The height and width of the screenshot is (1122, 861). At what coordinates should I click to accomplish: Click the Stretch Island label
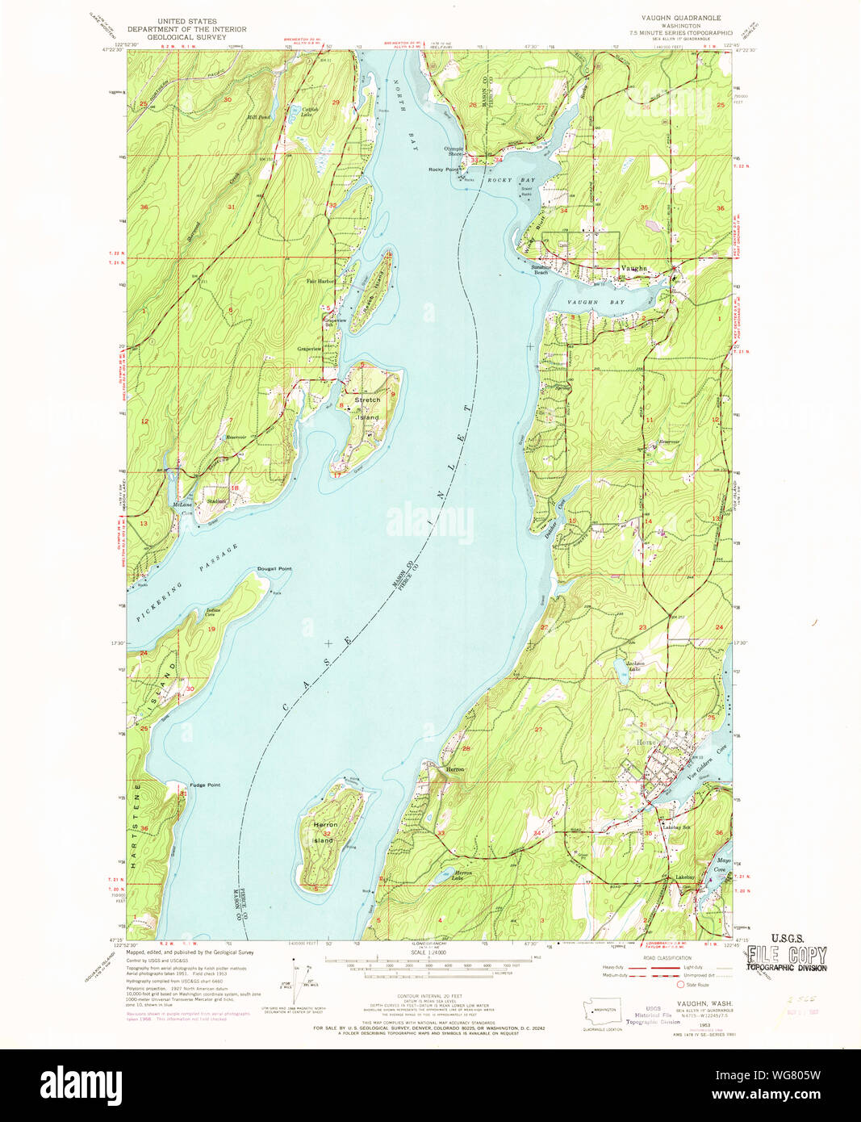368,408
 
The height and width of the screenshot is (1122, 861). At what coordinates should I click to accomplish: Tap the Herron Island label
325,832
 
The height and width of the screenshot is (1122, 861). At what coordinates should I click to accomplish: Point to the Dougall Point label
274,569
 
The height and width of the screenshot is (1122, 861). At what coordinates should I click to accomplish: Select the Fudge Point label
205,785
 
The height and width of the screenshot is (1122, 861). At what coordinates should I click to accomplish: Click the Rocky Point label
443,170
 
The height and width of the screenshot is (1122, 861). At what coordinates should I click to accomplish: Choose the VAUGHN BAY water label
596,302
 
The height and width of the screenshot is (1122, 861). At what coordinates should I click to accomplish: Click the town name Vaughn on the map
633,268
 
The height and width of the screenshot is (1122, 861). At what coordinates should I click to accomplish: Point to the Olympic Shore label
454,151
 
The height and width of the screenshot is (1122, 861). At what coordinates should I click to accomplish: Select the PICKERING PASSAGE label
187,584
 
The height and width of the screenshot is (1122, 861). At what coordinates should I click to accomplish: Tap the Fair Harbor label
320,281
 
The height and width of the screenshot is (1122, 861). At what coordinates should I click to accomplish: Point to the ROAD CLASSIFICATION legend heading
667,957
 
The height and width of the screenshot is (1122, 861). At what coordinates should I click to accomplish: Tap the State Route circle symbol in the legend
679,985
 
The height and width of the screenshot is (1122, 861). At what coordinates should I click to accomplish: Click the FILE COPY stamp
787,957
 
